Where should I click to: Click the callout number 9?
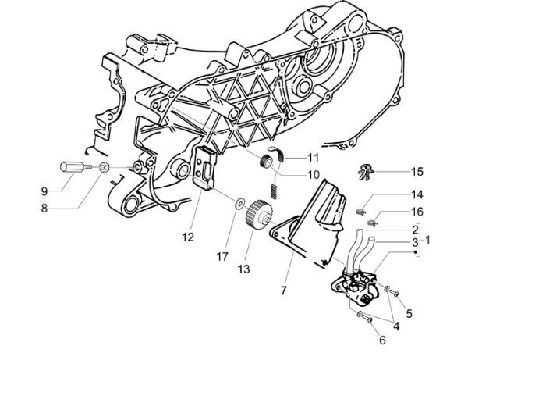44,190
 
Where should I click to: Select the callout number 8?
44,208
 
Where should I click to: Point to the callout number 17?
223,255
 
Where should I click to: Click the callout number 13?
244,269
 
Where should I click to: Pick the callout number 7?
283,290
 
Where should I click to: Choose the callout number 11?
291,157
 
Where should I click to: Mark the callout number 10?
291,174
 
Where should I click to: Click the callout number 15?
417,171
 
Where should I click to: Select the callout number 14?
417,194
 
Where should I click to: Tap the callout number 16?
417,212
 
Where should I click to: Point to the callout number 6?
382,340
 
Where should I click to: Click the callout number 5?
409,314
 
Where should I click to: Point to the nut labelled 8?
104,167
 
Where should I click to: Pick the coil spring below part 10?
275,189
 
